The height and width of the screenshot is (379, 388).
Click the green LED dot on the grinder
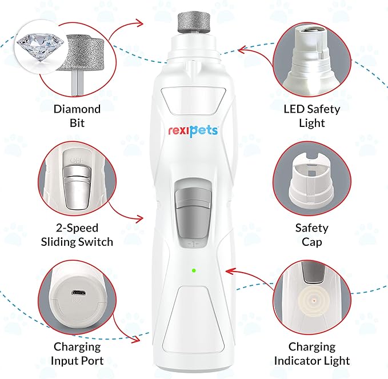(x=194, y=270)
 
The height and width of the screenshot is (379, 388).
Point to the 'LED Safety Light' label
(x=312, y=115)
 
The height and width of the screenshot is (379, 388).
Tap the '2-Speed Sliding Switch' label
(x=77, y=234)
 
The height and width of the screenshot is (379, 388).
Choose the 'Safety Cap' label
(x=312, y=234)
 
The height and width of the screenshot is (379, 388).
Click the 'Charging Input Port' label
(x=77, y=353)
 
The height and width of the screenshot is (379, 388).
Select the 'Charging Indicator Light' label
(x=312, y=353)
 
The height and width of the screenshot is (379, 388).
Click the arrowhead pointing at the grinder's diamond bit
(x=139, y=23)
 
